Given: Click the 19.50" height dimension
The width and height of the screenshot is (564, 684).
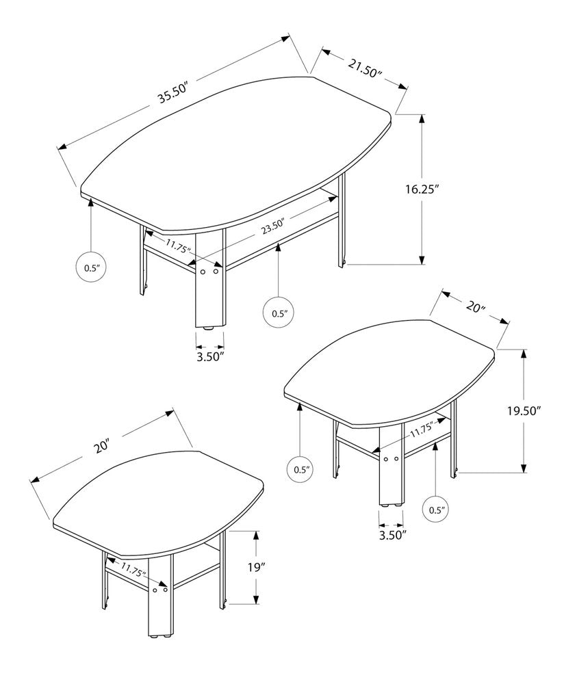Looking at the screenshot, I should point(524,411).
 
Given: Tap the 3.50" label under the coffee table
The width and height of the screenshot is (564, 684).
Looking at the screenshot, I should point(210,356).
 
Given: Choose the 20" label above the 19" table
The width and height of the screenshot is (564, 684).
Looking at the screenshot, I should point(103,447).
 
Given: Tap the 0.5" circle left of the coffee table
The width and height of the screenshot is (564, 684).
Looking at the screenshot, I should point(91,268).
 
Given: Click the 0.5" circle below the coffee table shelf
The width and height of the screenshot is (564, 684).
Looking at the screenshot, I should point(279,313).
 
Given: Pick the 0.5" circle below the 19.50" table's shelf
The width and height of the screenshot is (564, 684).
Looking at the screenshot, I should point(437,509).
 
